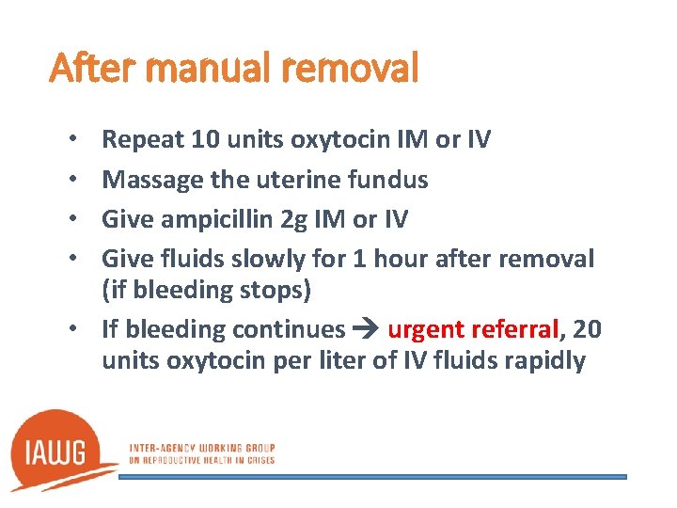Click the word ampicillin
click(x=222, y=218)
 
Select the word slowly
click(x=280, y=258)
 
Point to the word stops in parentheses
click(x=271, y=291)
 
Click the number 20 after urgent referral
click(x=586, y=329)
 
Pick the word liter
click(x=336, y=361)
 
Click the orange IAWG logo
click(x=61, y=450)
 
